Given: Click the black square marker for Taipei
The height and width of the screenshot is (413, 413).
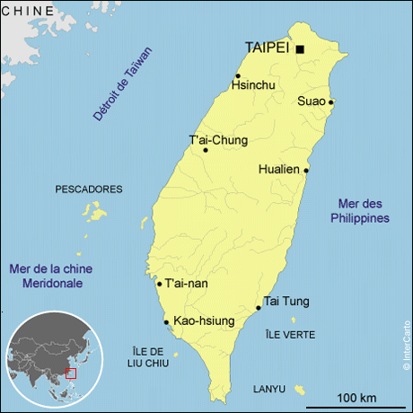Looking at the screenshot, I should [300, 49].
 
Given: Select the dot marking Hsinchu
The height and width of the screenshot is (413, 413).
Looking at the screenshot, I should [238, 75].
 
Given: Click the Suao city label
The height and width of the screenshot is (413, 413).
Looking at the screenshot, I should [311, 101].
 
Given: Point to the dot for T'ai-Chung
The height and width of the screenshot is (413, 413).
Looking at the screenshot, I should [206, 150].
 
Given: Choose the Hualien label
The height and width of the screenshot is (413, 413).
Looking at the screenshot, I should [279, 169].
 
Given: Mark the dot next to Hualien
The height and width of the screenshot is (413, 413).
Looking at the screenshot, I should [307, 169].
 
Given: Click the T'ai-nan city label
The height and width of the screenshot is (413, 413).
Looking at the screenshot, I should [187, 284].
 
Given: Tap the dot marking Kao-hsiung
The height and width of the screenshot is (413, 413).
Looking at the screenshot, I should [166, 321].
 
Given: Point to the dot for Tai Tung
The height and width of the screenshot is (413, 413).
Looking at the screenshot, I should [259, 308].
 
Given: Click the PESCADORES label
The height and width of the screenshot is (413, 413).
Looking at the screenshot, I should [88, 189].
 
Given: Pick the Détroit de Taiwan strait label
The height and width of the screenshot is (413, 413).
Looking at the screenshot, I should [123, 83].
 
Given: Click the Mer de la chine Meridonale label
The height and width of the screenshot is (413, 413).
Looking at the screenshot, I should [51, 276].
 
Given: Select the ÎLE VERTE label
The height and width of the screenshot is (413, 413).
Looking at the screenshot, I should [290, 335].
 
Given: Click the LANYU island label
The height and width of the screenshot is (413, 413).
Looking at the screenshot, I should [268, 389].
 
